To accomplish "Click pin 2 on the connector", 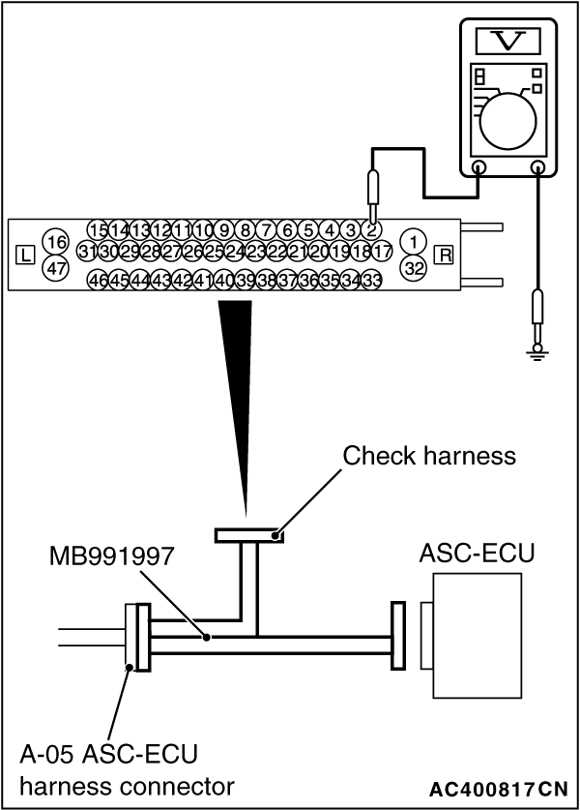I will click(x=371, y=229).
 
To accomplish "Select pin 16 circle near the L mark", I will click(x=57, y=241).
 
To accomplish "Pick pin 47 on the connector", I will click(x=57, y=269).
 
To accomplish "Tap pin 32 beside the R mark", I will click(x=414, y=268).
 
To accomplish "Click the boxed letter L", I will click(x=26, y=255).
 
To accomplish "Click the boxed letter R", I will click(x=445, y=255).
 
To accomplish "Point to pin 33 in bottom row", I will click(x=371, y=280).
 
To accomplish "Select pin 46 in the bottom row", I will click(x=98, y=280).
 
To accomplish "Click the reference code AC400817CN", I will click(x=499, y=788).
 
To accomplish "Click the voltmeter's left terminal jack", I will click(x=479, y=167).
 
